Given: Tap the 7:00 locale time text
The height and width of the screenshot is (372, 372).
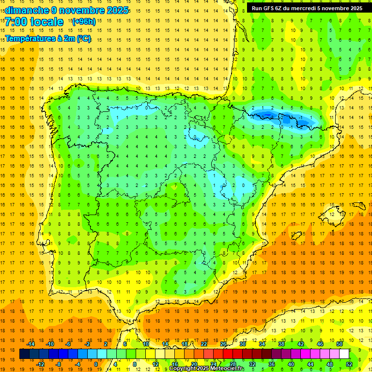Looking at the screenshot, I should pyautogui.click(x=34, y=22).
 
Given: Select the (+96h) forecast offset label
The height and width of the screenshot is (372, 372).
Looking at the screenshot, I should pyautogui.click(x=83, y=21).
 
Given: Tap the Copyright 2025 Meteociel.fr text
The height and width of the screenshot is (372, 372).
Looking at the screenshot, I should pyautogui.click(x=207, y=369).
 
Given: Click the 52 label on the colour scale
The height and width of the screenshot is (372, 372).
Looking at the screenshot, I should pyautogui.click(x=349, y=364).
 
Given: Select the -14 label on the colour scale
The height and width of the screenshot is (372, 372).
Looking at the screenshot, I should pyautogui.click(x=30, y=343).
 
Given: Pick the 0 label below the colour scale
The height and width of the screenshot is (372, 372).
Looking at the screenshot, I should pyautogui.click(x=96, y=364).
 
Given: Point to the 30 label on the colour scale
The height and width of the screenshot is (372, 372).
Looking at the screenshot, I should pyautogui.click(x=243, y=343).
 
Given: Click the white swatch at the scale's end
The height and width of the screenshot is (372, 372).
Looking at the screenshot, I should pyautogui.click(x=344, y=354).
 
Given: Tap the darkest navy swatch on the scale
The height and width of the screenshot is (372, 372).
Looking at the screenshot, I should pyautogui.click(x=24, y=354).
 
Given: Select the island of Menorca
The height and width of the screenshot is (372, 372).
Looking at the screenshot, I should pyautogui.click(x=359, y=204).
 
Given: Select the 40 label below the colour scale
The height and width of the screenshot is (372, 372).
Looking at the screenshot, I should pyautogui.click(x=291, y=364).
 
